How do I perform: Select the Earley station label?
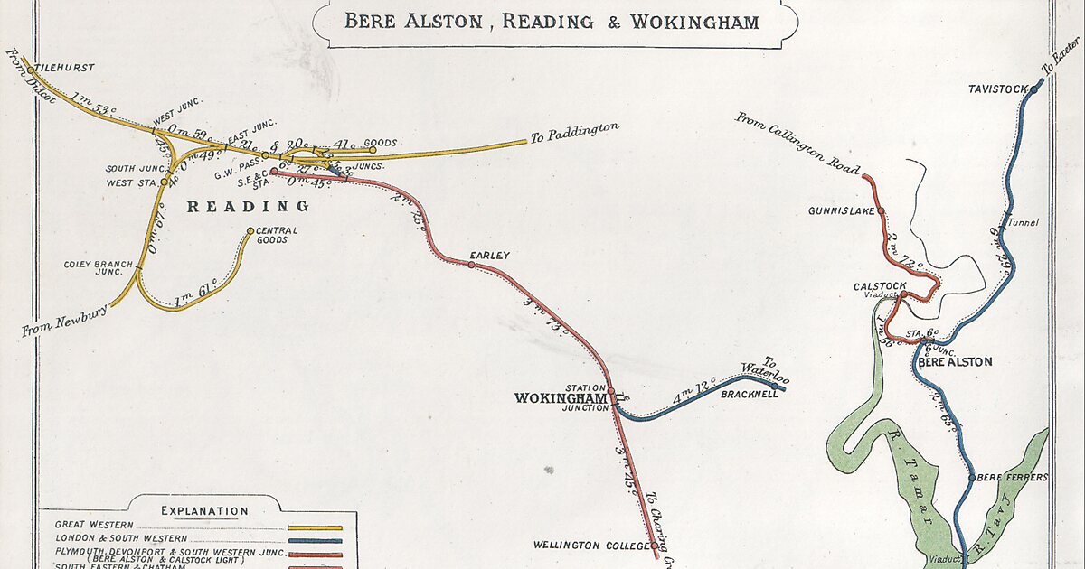click(x=489, y=256)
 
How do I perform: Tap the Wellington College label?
click(x=591, y=546)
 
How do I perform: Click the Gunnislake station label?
click(x=840, y=210)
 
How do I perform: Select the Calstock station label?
click(x=873, y=286)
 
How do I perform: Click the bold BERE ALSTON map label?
click(x=954, y=362)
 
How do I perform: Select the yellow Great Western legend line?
click(x=315, y=527)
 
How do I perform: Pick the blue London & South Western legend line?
click(x=315, y=540)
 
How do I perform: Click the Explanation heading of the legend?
click(x=204, y=511)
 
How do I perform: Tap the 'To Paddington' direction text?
click(x=575, y=132)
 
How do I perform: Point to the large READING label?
click(x=248, y=207)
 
